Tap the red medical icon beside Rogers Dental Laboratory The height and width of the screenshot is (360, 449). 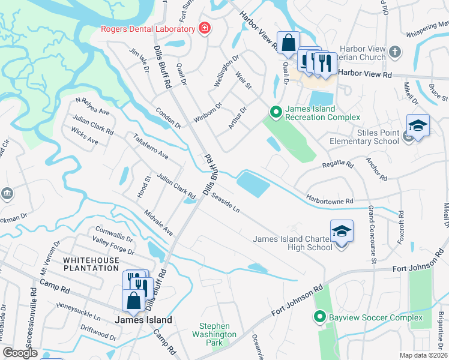[205, 28]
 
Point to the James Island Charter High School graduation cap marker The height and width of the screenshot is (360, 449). [342, 232]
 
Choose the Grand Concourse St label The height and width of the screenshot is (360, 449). [372, 235]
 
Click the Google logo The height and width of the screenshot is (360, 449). [20, 353]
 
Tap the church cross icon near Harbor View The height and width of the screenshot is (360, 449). [395, 52]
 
